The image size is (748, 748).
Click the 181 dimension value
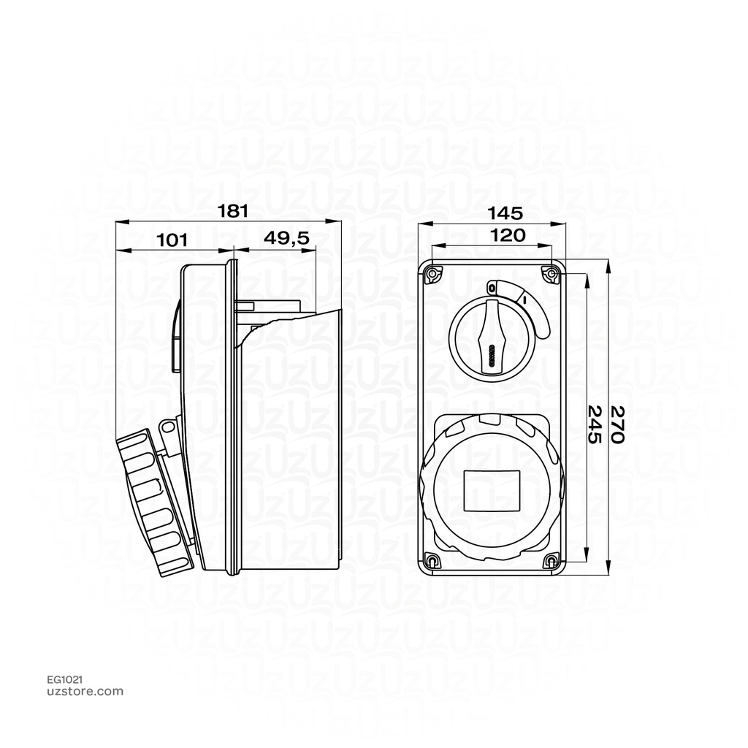coord(234,211)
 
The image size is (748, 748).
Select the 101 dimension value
coord(172,239)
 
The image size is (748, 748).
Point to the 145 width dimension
coord(505,213)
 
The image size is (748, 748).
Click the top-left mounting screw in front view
coord(432,274)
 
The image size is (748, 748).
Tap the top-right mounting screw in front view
coord(552,274)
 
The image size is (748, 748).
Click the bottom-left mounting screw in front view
coord(432,561)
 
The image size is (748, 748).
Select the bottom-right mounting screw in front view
coord(552,561)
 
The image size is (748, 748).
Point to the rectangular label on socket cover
coord(492,490)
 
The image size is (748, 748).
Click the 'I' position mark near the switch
coord(524,298)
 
